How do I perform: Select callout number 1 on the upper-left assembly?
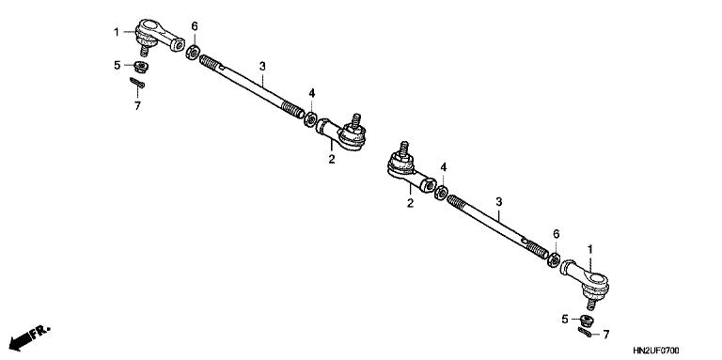tap(118, 32)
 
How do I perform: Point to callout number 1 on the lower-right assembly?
tap(590, 249)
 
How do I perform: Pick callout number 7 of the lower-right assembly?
tap(606, 334)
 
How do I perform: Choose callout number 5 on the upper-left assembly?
tap(118, 66)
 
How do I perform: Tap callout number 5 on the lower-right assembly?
tap(565, 320)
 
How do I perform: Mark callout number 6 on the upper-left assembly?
tap(194, 25)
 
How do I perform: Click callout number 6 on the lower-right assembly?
tap(556, 233)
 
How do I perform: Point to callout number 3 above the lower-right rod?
tap(499, 202)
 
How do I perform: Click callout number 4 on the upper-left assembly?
tap(312, 92)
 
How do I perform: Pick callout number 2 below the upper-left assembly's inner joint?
tap(331, 159)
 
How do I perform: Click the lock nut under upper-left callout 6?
tap(194, 49)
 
